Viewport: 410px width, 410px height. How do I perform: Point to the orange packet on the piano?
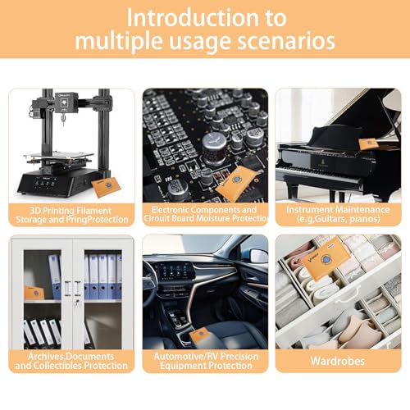[x=369, y=143]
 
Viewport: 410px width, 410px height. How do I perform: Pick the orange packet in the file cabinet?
[x=34, y=293]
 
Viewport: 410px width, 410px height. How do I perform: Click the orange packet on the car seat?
[x=200, y=335]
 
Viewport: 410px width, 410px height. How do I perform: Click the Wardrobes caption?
[x=338, y=361]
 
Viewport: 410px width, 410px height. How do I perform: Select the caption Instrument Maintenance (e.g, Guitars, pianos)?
[x=338, y=214]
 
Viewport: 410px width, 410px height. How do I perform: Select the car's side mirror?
[x=258, y=257]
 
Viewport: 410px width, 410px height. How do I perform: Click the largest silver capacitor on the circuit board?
[x=214, y=143]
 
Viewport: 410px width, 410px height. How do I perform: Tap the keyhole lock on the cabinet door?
[x=77, y=302]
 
